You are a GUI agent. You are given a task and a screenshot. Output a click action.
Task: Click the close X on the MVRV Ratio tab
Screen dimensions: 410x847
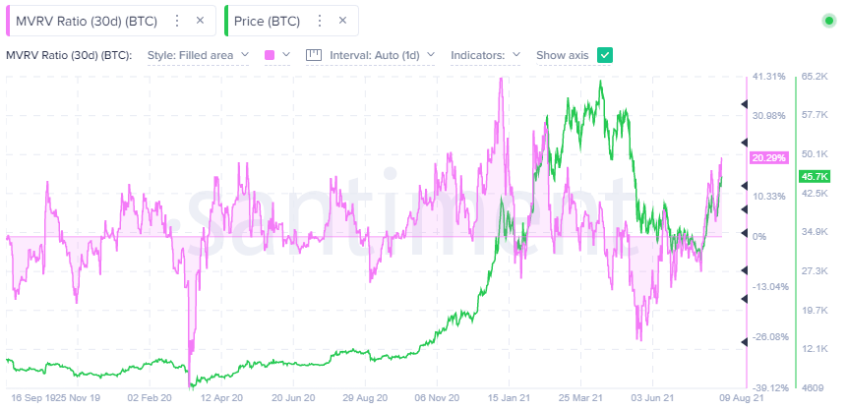201,21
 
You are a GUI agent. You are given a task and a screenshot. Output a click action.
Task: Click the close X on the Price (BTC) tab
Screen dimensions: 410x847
342,21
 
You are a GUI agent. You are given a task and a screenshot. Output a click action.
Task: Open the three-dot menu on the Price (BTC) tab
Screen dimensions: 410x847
318,21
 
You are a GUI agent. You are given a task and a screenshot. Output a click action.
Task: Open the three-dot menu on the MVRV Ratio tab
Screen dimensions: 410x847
176,21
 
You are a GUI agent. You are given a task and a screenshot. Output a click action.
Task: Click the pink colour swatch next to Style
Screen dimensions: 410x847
271,55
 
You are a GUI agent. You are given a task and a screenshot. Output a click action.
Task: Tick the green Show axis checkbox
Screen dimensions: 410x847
605,55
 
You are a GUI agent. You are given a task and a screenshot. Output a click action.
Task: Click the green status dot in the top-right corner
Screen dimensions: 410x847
829,21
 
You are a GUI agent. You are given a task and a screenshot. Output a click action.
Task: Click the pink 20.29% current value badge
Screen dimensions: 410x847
768,157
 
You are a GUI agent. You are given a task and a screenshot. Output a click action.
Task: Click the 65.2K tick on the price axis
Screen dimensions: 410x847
817,76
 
